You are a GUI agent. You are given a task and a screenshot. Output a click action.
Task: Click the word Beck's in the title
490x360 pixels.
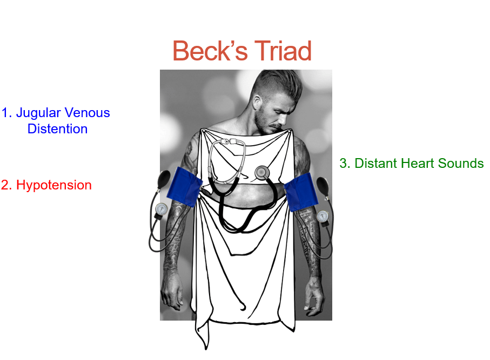[210, 51]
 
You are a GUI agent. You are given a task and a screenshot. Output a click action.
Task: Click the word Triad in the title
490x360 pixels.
[283, 51]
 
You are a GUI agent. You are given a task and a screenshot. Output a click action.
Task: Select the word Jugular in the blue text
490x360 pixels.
[38, 113]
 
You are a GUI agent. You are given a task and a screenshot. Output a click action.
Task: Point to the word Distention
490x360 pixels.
[57, 128]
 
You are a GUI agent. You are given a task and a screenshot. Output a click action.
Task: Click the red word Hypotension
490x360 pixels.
[53, 185]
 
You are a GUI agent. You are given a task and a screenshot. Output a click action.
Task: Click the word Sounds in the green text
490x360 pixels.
[461, 164]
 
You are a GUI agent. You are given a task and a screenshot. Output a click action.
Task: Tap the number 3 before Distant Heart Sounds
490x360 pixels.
[344, 164]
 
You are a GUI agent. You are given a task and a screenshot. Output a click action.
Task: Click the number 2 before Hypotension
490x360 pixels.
[6, 185]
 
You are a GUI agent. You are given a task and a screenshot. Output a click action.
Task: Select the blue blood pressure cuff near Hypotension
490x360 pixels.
[184, 187]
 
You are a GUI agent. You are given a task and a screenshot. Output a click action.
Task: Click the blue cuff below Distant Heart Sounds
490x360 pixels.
[301, 192]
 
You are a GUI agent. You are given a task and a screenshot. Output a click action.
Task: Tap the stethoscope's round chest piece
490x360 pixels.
[262, 172]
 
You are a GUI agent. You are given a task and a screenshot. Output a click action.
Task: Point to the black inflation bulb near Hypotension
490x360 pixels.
[164, 180]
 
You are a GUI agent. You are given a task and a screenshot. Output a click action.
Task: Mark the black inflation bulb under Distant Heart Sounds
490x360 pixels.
[323, 187]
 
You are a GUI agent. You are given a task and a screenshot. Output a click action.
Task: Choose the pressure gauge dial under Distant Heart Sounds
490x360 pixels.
[323, 216]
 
